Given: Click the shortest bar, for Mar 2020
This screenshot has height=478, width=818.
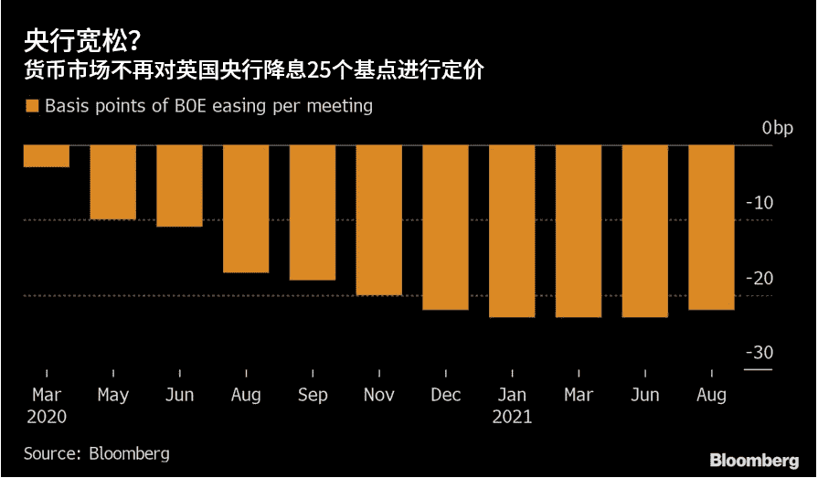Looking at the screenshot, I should (47, 156).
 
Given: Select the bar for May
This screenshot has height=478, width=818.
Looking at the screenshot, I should (113, 183).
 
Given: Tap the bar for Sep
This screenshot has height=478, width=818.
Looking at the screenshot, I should (313, 213).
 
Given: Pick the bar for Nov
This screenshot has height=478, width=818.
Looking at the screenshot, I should (379, 220).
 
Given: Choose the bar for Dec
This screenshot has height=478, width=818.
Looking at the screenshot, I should (445, 228).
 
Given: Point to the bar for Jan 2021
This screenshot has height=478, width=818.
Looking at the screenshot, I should (512, 231).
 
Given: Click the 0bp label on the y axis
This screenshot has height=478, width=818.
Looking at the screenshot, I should (778, 129).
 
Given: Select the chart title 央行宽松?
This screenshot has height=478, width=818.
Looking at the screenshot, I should (82, 39).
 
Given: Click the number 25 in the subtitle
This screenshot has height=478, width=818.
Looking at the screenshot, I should (318, 69).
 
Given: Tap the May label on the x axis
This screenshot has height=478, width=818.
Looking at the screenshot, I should (113, 396).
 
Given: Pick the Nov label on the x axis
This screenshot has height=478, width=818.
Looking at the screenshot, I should (379, 396).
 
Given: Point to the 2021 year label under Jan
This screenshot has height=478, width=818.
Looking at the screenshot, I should (512, 418).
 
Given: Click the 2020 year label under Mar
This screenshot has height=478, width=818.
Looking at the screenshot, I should (47, 418).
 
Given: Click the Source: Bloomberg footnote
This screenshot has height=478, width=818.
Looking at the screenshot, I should (97, 453).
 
